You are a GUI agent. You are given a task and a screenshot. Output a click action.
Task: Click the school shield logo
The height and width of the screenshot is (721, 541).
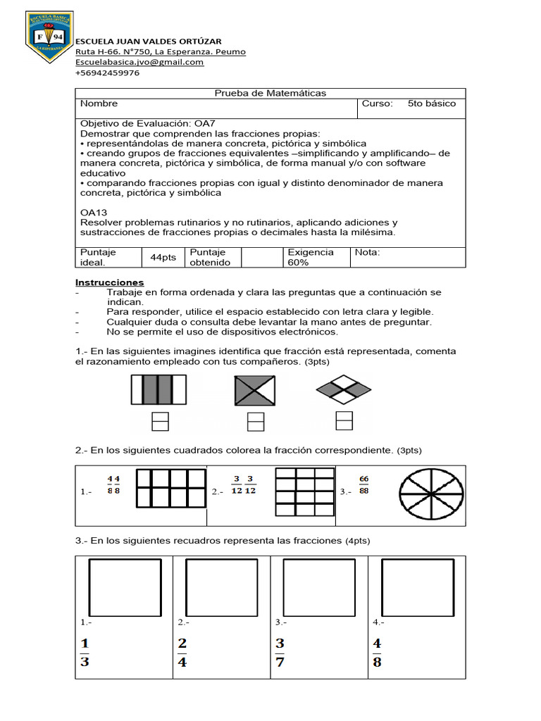(x=49, y=37)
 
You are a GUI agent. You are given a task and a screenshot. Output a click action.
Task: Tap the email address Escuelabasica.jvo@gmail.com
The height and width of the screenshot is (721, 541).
(x=139, y=62)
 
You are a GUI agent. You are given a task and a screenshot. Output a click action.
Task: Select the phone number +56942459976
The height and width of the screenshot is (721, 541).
(x=107, y=73)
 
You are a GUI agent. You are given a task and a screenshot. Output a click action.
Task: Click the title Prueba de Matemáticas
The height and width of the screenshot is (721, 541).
(x=270, y=93)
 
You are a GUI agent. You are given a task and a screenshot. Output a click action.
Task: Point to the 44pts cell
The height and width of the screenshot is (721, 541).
(x=163, y=257)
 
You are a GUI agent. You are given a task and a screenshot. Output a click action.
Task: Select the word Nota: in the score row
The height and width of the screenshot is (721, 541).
(x=367, y=252)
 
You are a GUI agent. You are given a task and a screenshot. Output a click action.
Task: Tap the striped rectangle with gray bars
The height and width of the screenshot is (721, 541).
(x=158, y=389)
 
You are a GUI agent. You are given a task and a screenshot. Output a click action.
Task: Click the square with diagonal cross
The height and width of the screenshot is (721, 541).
(x=256, y=389)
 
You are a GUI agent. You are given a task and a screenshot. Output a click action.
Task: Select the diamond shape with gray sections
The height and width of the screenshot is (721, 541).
(x=344, y=389)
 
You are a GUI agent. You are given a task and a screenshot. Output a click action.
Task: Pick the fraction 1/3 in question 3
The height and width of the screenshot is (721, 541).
(x=85, y=652)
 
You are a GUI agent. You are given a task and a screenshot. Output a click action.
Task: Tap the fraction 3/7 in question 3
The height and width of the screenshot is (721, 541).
(x=280, y=652)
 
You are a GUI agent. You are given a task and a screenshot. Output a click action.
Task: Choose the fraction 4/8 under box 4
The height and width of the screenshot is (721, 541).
(x=377, y=652)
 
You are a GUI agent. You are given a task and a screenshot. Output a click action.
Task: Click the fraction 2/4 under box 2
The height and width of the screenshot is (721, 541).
(x=182, y=652)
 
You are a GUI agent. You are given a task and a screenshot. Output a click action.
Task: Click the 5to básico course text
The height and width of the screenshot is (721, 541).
(x=431, y=104)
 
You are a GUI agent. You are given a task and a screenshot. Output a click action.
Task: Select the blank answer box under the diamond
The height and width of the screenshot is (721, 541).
(x=344, y=420)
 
